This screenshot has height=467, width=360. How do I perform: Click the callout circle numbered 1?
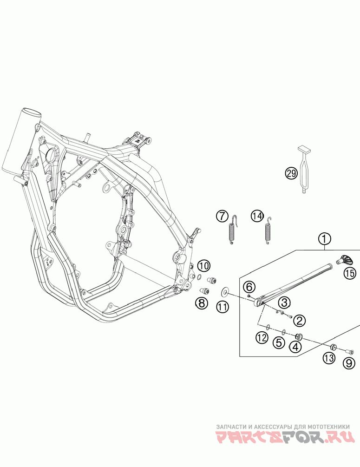click(325, 239)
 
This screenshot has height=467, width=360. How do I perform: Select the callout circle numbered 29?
click(291, 174)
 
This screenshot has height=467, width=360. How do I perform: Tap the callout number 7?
click(222, 216)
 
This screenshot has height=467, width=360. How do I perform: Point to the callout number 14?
click(257, 216)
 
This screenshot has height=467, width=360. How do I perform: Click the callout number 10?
click(203, 266)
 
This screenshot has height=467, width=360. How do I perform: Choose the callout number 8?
click(201, 303)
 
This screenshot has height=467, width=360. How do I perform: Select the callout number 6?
click(249, 286)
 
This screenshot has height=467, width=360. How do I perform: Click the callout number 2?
click(298, 320)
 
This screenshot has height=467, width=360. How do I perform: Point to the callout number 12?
click(262, 338)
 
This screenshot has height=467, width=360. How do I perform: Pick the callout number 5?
click(279, 343)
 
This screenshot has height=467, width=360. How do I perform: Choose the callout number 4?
click(295, 346)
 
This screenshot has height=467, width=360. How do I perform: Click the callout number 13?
click(329, 358)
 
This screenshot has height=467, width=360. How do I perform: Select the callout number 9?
click(349, 363)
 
